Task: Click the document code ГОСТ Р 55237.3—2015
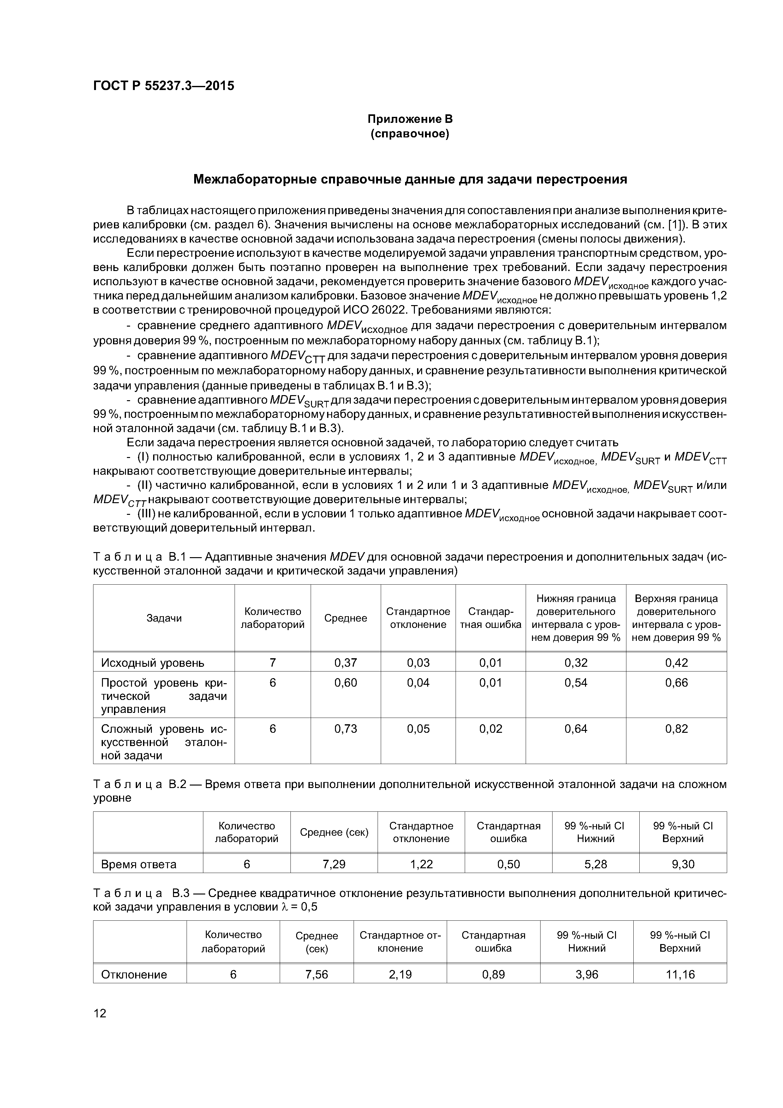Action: pyautogui.click(x=164, y=86)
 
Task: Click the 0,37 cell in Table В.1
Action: pyautogui.click(x=345, y=663)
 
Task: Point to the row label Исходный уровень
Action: pyautogui.click(x=152, y=663)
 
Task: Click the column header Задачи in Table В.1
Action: pyautogui.click(x=164, y=618)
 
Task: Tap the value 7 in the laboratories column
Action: pyautogui.click(x=272, y=663)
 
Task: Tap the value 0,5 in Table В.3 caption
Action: pyautogui.click(x=309, y=907)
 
